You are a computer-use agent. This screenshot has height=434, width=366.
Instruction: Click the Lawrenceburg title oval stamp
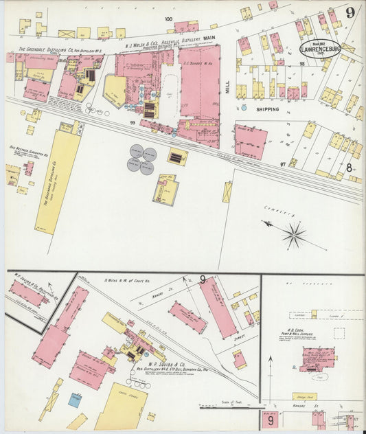tap(320, 49)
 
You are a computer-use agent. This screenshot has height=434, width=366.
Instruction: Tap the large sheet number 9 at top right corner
tap(350, 12)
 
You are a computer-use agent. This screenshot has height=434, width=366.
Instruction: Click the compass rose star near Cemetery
tap(293, 235)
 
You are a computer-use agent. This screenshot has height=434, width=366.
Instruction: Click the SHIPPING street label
tap(267, 109)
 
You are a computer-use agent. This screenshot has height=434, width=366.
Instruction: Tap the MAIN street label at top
tap(209, 41)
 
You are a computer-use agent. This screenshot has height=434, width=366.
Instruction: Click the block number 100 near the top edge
tap(168, 19)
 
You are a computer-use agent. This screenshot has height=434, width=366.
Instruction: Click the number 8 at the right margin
tap(349, 167)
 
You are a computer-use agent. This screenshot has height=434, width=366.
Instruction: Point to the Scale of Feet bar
tap(227, 407)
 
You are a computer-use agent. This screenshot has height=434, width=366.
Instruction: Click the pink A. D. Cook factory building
tap(317, 357)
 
